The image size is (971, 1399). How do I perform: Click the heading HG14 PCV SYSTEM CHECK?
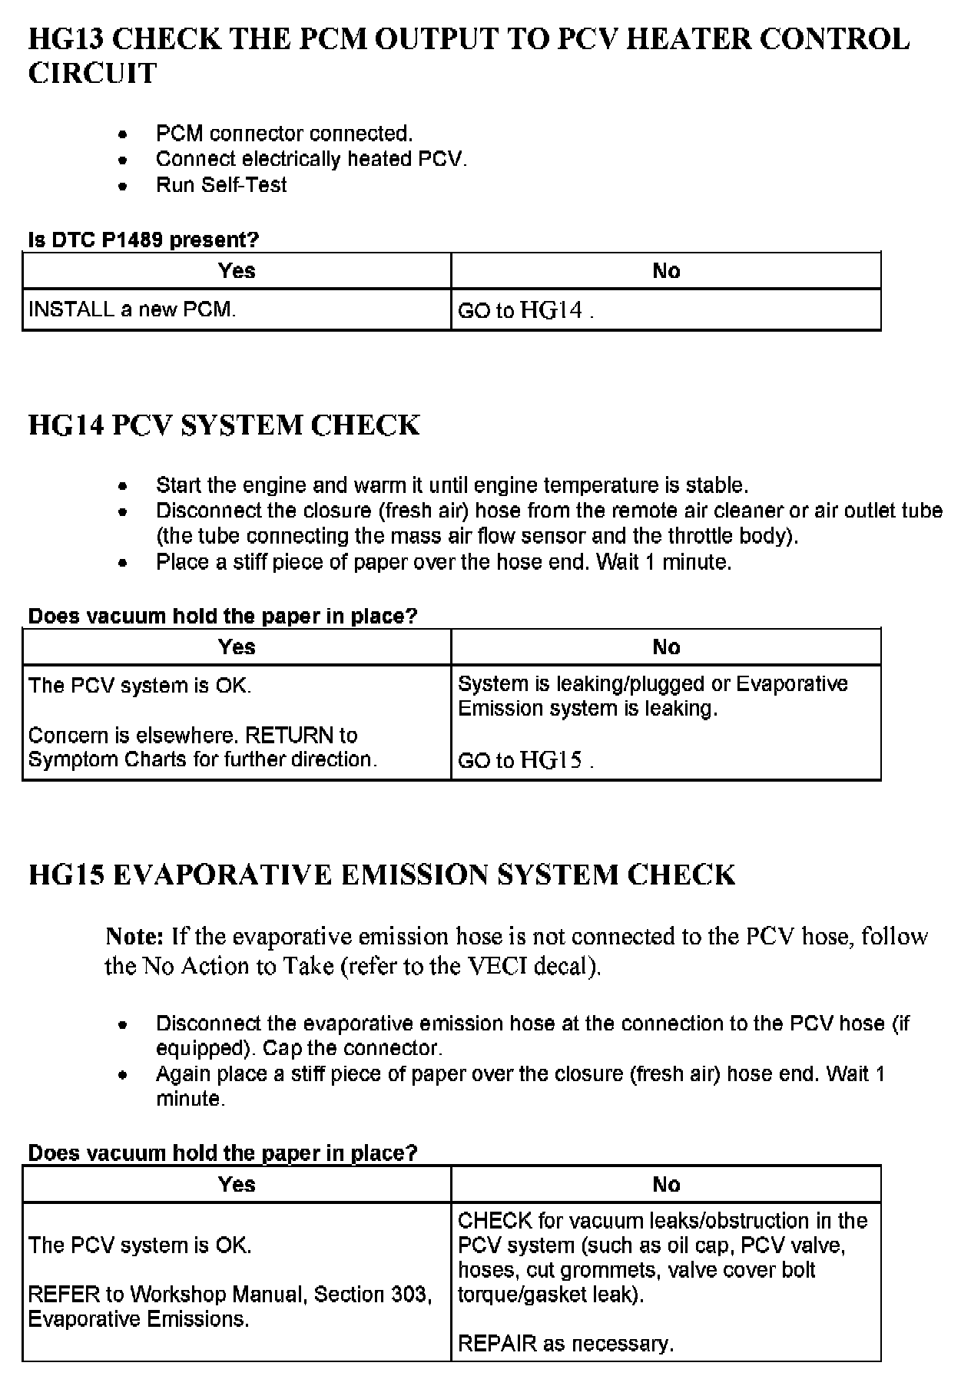[x=224, y=425]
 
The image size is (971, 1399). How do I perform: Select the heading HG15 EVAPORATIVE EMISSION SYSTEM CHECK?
[x=382, y=875]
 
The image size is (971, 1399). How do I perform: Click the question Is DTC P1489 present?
[x=144, y=240]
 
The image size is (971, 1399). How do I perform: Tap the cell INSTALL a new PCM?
[x=132, y=309]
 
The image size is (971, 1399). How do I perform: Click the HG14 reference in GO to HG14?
[x=551, y=310]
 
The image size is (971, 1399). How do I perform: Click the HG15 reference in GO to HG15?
[x=551, y=760]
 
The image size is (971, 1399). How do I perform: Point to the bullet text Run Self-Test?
[x=221, y=185]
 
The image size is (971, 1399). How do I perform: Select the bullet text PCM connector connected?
[x=284, y=134]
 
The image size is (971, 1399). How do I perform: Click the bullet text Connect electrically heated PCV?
[x=311, y=159]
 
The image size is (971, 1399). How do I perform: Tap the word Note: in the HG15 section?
[x=134, y=937]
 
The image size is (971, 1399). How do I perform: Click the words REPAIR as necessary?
[x=565, y=1344]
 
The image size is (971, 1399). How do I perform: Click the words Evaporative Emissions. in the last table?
[x=138, y=1319]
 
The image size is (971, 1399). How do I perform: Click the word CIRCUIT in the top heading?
[x=92, y=74]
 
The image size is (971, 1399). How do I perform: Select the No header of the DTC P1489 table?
[x=666, y=271]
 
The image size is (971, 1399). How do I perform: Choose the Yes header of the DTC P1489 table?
[x=237, y=271]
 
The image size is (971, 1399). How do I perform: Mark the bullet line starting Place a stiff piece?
[x=443, y=562]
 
